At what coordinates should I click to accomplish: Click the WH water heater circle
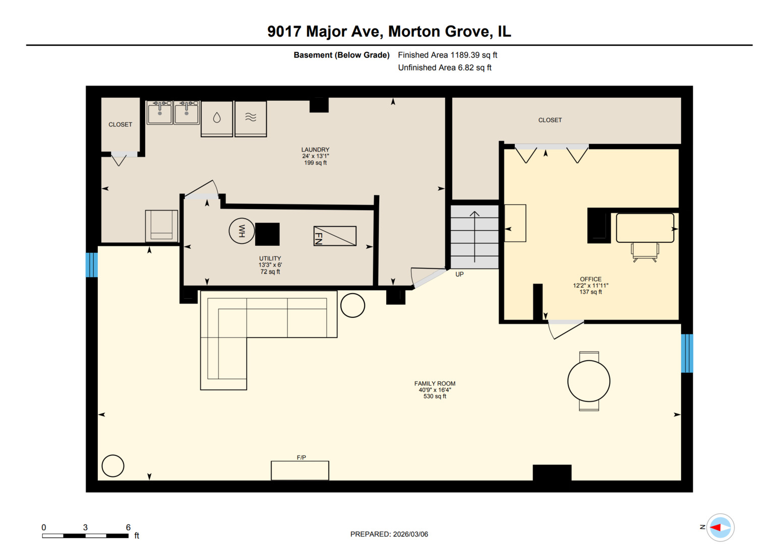tap(242, 231)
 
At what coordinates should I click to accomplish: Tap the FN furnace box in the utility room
tap(335, 236)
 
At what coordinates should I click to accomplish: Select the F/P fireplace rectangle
tap(300, 470)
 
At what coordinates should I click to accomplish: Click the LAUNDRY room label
tap(315, 150)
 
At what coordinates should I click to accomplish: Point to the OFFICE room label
tap(590, 279)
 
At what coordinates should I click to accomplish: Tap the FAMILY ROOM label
tap(435, 383)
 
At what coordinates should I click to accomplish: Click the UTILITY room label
tap(270, 258)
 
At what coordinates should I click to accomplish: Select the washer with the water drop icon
tap(217, 118)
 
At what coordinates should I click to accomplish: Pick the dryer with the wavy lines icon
tap(251, 118)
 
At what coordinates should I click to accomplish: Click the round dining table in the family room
tap(588, 381)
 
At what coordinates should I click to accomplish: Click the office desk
tap(645, 228)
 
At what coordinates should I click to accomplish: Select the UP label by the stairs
tap(459, 275)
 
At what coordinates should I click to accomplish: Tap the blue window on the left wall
tap(91, 265)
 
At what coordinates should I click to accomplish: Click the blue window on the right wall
tap(687, 353)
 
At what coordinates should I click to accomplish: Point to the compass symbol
tap(720, 527)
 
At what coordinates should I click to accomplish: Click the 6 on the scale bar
tap(128, 527)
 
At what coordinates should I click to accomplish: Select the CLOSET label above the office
tap(550, 120)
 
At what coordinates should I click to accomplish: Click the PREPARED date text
tap(389, 534)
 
